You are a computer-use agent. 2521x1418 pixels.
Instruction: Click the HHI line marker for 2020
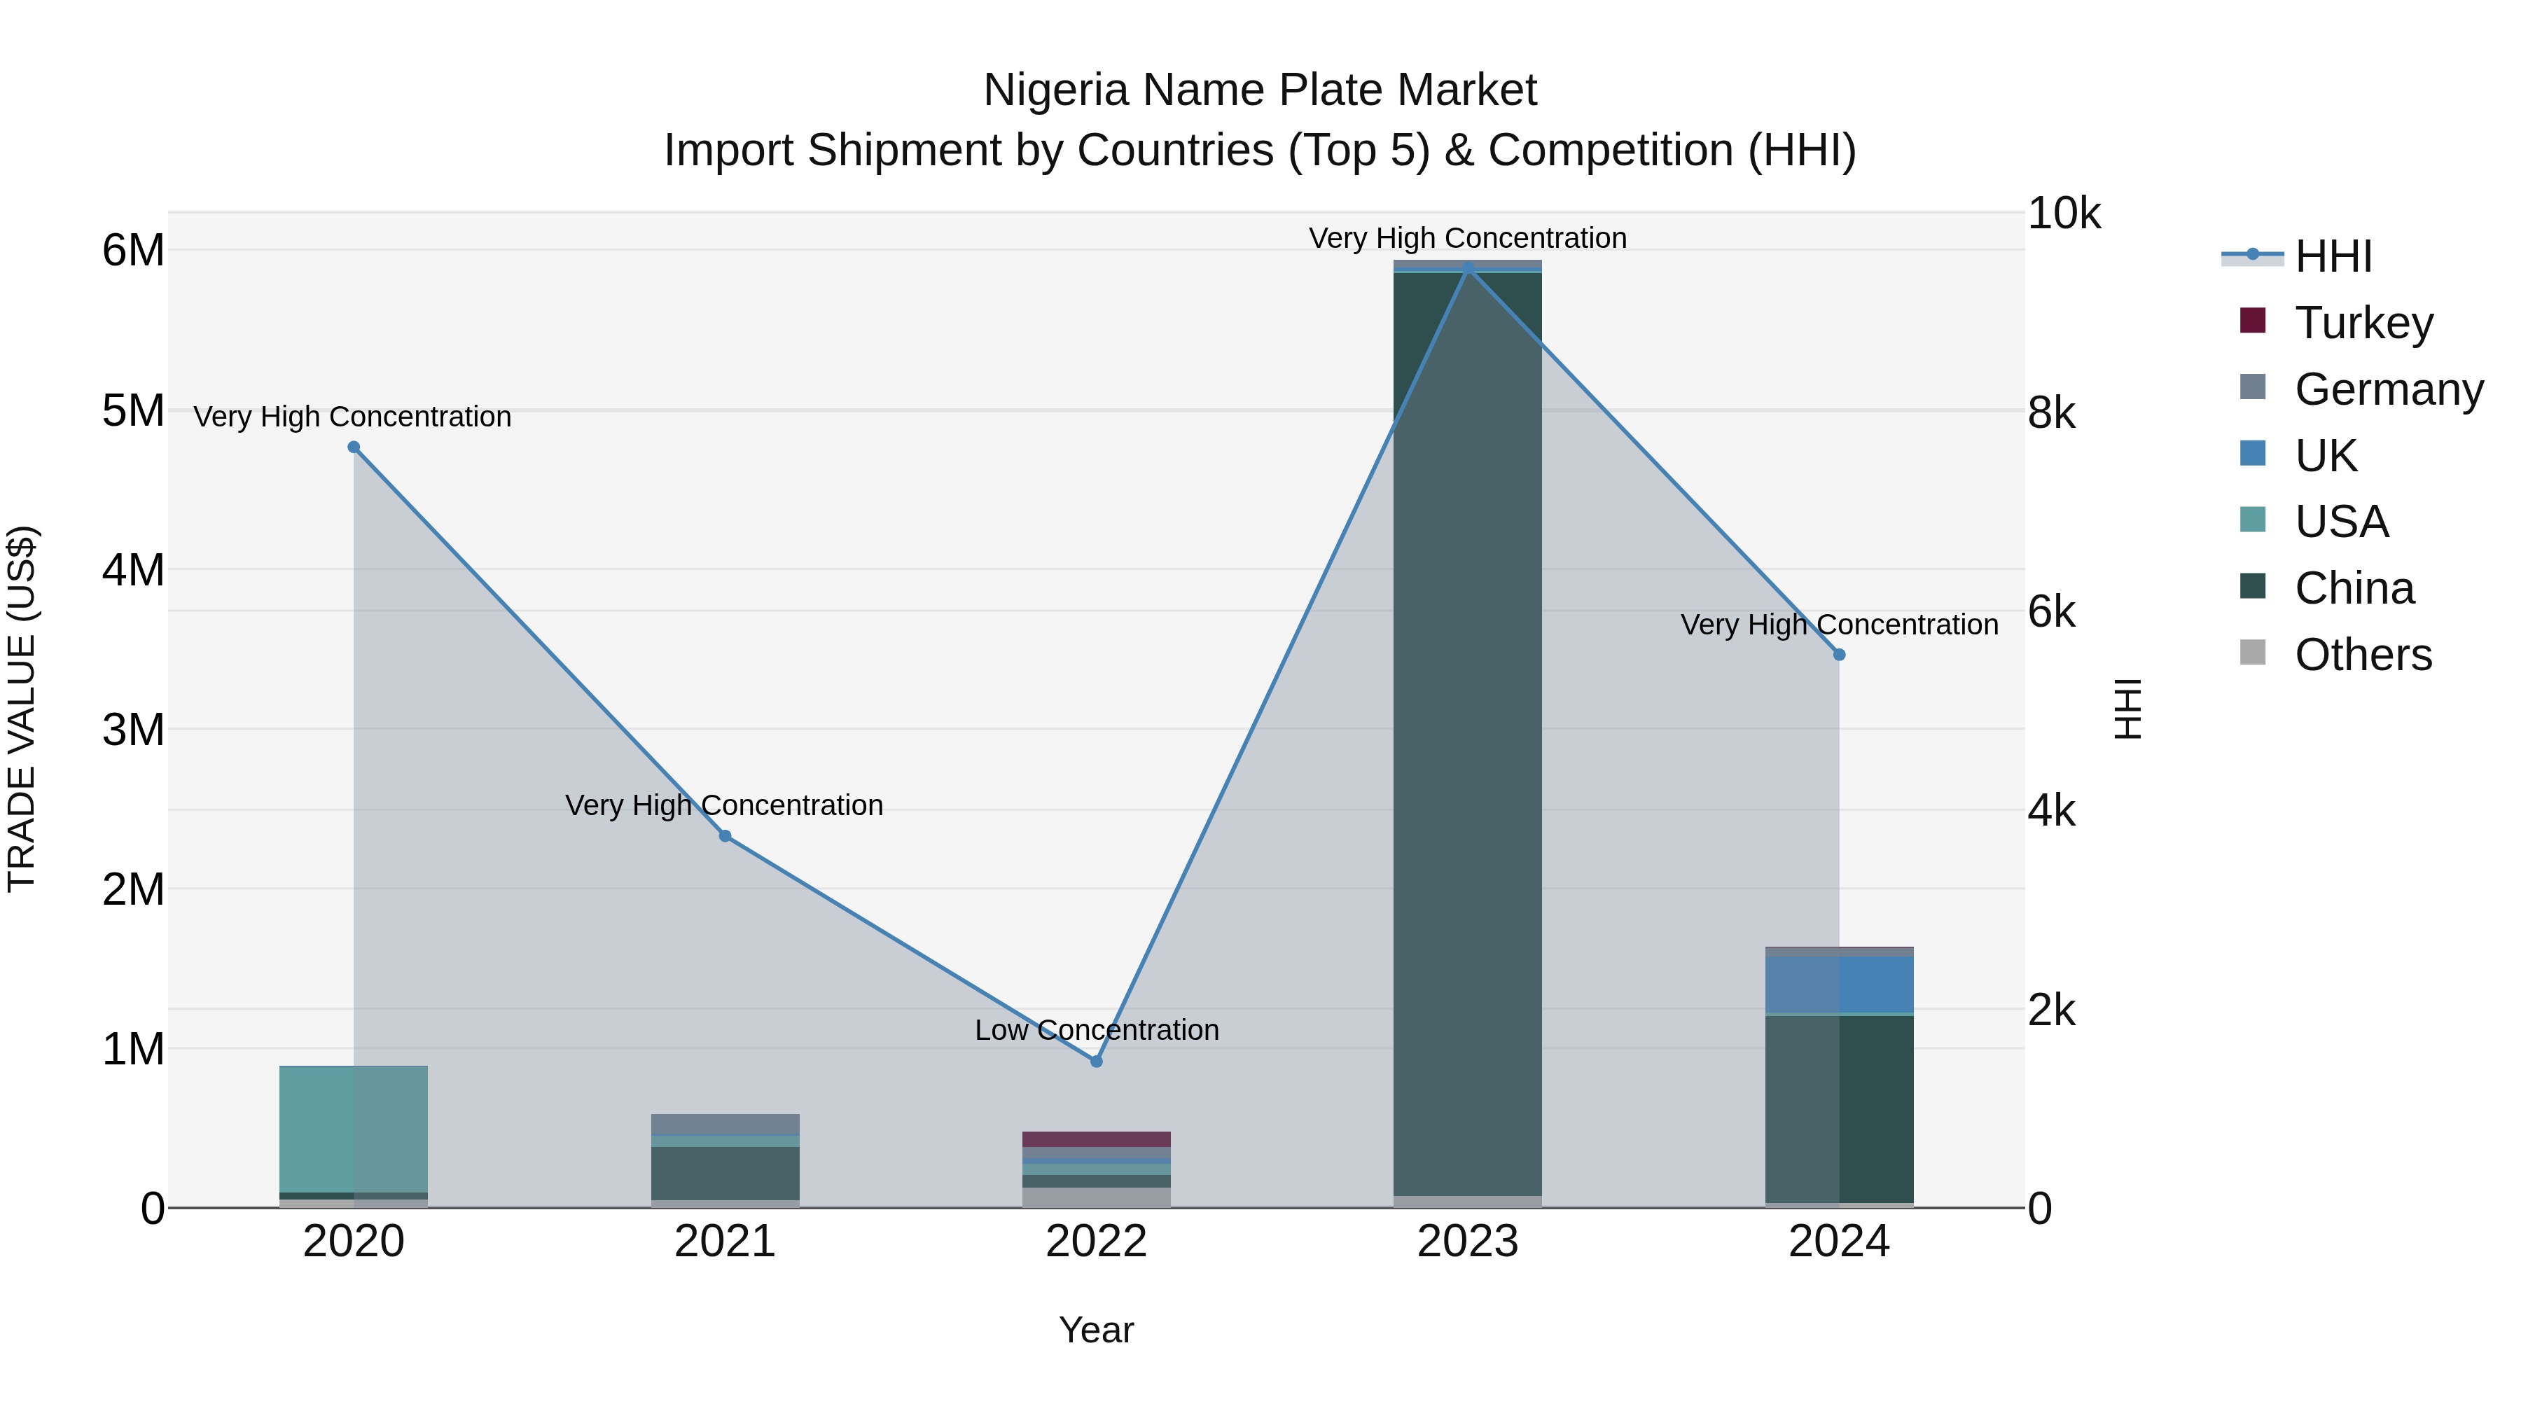(x=354, y=447)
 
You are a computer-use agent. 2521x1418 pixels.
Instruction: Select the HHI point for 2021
(x=725, y=835)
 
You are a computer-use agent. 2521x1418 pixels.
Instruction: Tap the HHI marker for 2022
(x=1096, y=1061)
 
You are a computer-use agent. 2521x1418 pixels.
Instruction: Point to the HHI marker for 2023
(x=1467, y=268)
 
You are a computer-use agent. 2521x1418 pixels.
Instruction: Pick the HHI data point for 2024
(x=1839, y=655)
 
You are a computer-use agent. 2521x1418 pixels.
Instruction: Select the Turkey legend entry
(x=2363, y=323)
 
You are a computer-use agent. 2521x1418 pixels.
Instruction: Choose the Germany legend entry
(x=2388, y=389)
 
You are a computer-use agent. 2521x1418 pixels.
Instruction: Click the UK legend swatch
(x=2253, y=454)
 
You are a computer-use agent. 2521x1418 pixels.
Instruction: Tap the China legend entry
(x=2354, y=588)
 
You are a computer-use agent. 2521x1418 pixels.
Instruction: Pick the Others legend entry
(x=2363, y=655)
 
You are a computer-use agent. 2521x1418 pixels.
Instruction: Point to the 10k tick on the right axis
(x=2063, y=214)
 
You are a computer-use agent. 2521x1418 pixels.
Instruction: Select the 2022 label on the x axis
(x=1096, y=1242)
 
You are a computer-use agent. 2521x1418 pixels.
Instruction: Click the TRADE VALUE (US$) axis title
(x=22, y=709)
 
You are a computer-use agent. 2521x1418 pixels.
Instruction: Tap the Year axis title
(x=1096, y=1330)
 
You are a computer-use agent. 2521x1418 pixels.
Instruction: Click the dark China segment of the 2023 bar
(x=1467, y=734)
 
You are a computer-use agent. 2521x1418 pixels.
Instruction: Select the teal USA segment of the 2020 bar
(x=354, y=1128)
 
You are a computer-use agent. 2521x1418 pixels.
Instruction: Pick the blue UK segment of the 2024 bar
(x=1839, y=985)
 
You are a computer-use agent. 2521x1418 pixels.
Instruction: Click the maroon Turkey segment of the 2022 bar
(x=1096, y=1139)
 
